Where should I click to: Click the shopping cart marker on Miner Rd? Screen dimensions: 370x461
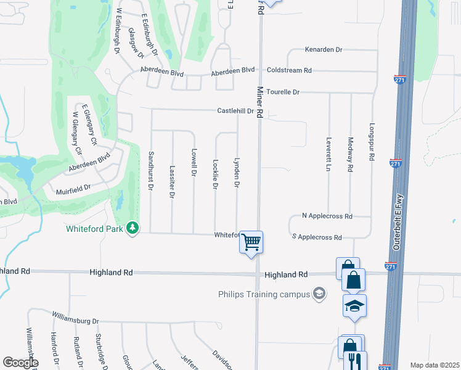[251, 242]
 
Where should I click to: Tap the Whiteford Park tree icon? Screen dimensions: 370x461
[132, 229]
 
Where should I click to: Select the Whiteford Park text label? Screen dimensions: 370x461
[96, 229]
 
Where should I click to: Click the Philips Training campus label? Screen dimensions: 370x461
[264, 294]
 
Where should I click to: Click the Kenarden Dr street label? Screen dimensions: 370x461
[323, 49]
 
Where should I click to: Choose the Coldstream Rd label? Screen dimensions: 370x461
[289, 70]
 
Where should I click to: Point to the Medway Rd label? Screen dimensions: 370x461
[350, 154]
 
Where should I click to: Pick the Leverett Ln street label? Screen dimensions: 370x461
[329, 154]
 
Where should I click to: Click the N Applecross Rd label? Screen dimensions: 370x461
[327, 216]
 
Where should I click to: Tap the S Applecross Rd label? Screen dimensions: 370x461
[317, 237]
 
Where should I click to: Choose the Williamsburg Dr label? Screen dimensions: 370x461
[75, 321]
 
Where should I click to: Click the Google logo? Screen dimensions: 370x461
[20, 363]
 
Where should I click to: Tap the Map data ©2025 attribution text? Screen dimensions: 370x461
[434, 365]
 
